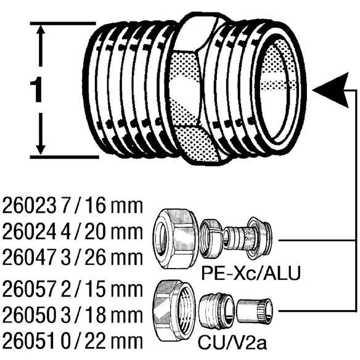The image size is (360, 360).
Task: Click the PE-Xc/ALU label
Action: (x=251, y=273)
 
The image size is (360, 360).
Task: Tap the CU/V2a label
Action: (x=232, y=343)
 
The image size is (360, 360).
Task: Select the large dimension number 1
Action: (x=36, y=89)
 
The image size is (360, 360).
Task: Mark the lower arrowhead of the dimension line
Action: (x=41, y=147)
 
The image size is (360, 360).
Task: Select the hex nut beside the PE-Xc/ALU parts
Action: (x=176, y=239)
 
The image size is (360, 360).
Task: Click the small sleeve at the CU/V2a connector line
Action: (x=255, y=311)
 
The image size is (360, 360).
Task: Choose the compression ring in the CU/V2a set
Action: (x=216, y=311)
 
